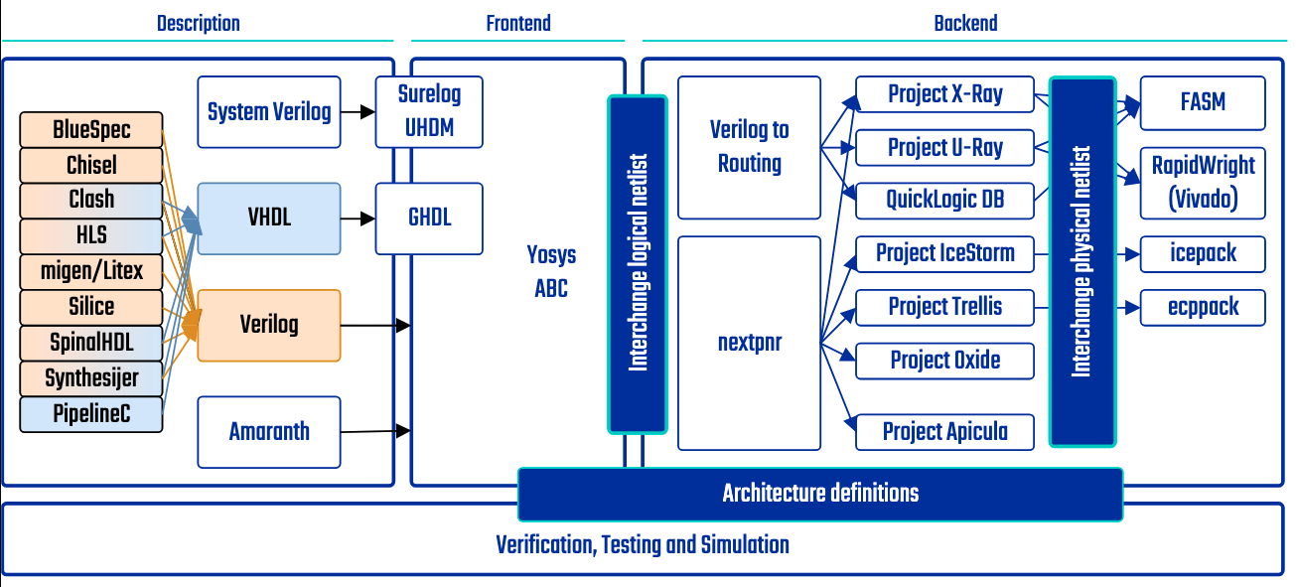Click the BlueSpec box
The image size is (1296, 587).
[90, 130]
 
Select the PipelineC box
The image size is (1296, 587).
[90, 414]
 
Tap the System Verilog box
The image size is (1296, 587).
[269, 111]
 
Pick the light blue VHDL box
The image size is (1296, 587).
[269, 218]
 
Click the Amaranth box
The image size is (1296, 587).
[269, 431]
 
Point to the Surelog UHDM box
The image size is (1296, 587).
[429, 111]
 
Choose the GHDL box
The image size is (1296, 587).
[429, 218]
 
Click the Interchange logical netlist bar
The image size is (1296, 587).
[638, 263]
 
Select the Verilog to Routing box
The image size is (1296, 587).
[749, 147]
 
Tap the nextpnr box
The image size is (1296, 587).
[749, 343]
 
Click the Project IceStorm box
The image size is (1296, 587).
[944, 253]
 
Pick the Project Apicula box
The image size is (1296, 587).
[944, 431]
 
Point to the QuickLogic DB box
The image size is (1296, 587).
[944, 200]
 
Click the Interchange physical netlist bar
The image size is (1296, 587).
[1082, 262]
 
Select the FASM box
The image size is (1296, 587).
[1203, 102]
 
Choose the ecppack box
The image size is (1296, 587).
[1203, 307]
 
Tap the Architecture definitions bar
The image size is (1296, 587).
[820, 494]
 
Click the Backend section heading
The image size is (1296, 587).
[965, 23]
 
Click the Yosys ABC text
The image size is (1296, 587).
[551, 271]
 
